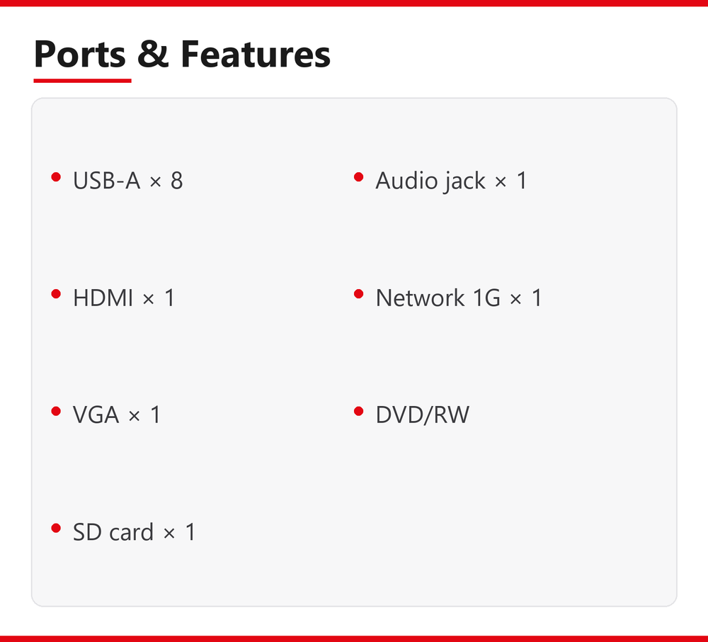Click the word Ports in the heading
point(80,55)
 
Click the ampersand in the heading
point(153,54)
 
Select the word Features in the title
point(256,54)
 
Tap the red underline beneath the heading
point(82,80)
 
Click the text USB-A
point(107,180)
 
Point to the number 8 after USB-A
point(176,180)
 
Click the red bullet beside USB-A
point(56,177)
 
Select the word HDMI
point(103,298)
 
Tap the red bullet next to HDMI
point(56,294)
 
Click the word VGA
point(96,415)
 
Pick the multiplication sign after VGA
point(134,416)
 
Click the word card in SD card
point(132,531)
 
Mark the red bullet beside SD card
point(56,528)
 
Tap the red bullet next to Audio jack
point(358,177)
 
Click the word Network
point(421,298)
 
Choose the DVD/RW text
point(423,415)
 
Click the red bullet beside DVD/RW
point(358,411)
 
